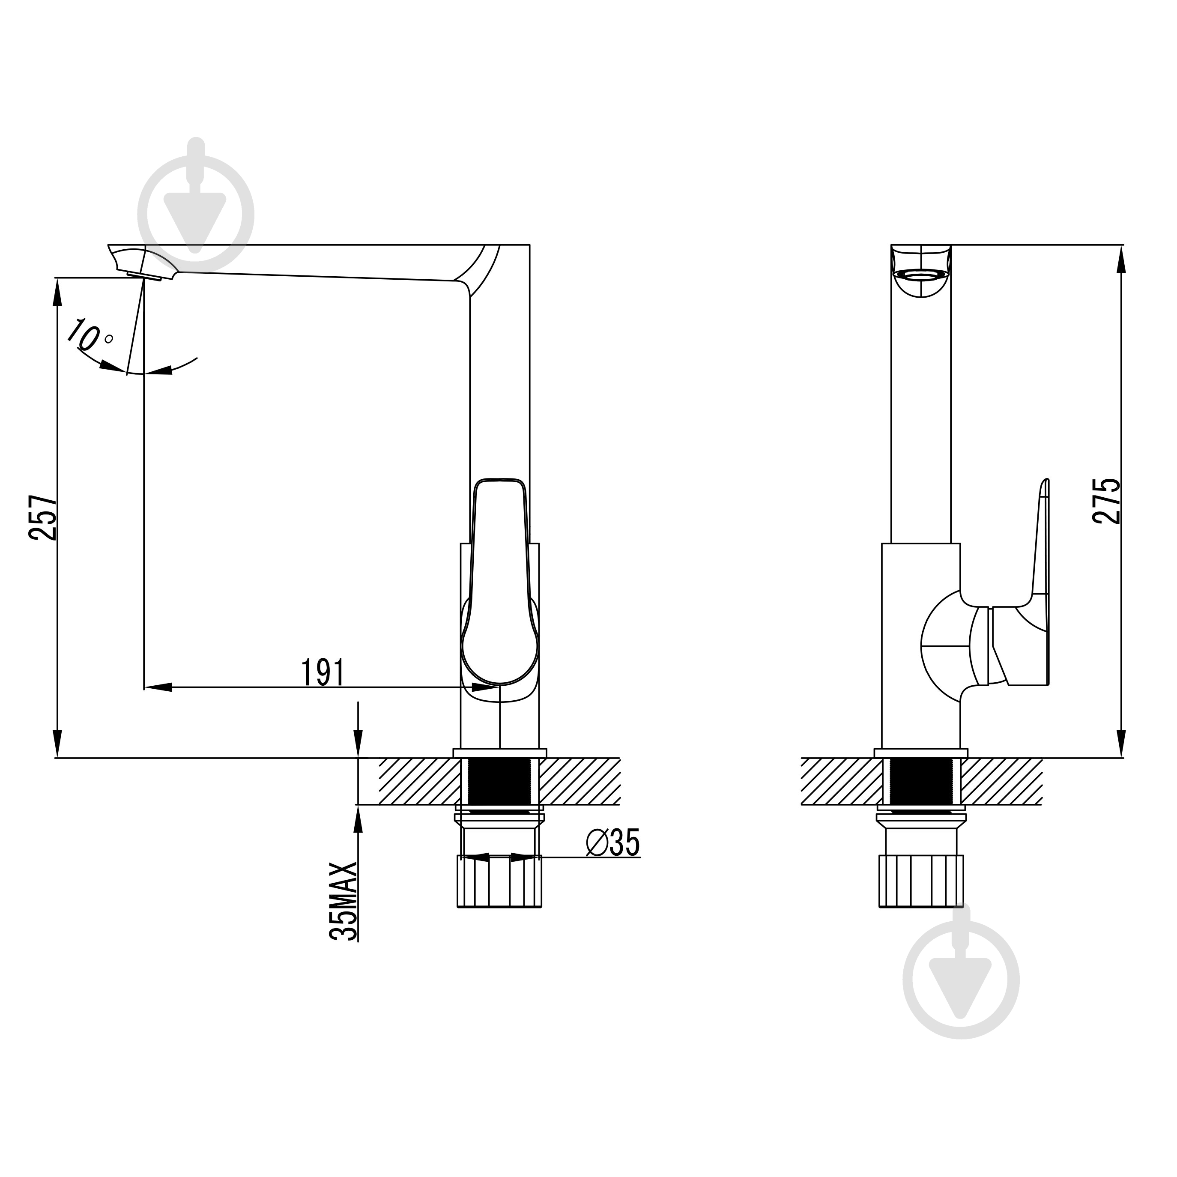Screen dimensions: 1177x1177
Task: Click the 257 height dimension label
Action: tap(43, 518)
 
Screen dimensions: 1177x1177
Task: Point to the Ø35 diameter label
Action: tap(613, 844)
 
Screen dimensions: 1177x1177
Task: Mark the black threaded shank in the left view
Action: tap(499, 782)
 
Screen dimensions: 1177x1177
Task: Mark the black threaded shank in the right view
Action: tap(920, 782)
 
